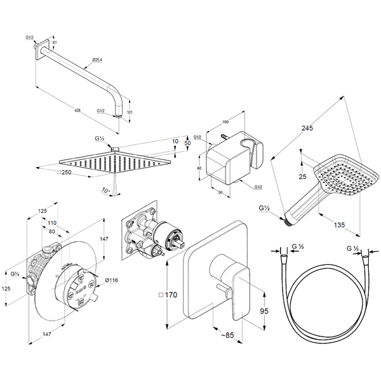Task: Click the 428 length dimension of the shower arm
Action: [x=77, y=110]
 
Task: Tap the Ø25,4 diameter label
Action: [x=97, y=60]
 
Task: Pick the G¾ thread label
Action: [x=14, y=274]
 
